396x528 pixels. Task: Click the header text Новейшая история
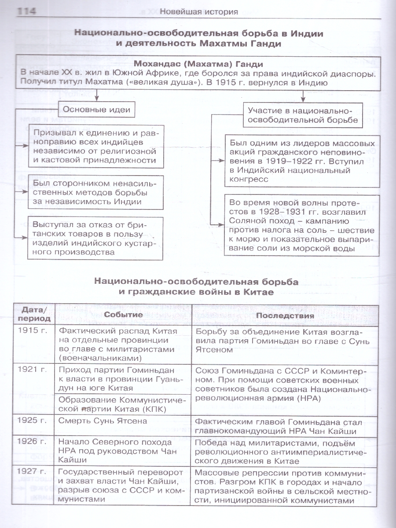coord(198,12)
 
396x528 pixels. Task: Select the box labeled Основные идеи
coord(97,110)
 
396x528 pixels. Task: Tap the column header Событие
coord(123,315)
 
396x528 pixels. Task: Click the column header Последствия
coord(285,315)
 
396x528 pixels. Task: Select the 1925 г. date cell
coord(33,421)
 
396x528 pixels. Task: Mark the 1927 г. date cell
coord(33,472)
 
